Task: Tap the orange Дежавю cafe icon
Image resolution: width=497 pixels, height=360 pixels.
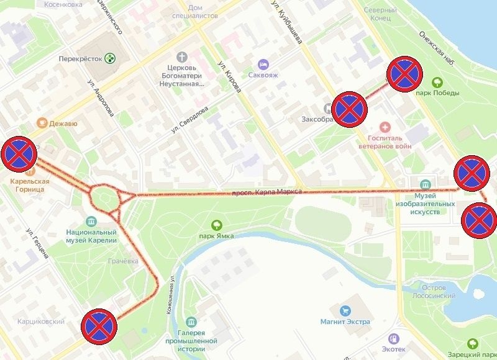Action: [x=42, y=123]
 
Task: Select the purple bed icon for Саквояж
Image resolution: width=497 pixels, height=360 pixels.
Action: [x=263, y=64]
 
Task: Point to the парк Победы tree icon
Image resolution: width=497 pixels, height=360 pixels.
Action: [x=437, y=81]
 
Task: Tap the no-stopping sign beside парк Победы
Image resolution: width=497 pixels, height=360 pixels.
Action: [x=405, y=75]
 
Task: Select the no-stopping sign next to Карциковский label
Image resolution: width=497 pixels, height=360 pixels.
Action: [x=99, y=326]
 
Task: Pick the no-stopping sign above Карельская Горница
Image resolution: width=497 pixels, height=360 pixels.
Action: [x=19, y=153]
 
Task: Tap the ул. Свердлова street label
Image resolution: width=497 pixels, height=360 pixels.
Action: [x=193, y=119]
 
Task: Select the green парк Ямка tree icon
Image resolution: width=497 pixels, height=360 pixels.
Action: [x=217, y=225]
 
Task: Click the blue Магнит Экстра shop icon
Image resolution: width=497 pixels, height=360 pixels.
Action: [x=345, y=310]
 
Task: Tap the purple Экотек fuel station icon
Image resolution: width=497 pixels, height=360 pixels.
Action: [x=393, y=338]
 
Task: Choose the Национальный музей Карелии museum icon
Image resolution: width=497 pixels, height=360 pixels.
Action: [x=91, y=222]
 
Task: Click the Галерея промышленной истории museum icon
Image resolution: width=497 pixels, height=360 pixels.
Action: [x=191, y=322]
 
